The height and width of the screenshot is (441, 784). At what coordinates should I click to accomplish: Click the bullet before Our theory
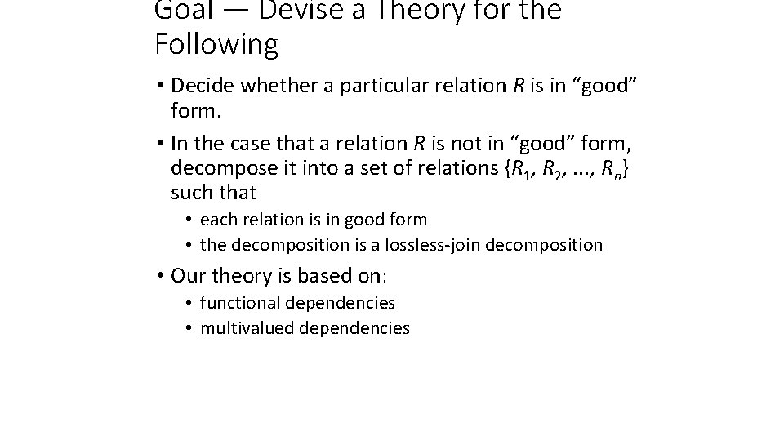[161, 275]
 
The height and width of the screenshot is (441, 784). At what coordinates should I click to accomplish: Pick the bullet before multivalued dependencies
[188, 328]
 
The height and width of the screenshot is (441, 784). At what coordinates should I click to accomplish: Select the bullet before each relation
[188, 220]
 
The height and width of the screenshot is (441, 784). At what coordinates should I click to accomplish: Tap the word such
[190, 194]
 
